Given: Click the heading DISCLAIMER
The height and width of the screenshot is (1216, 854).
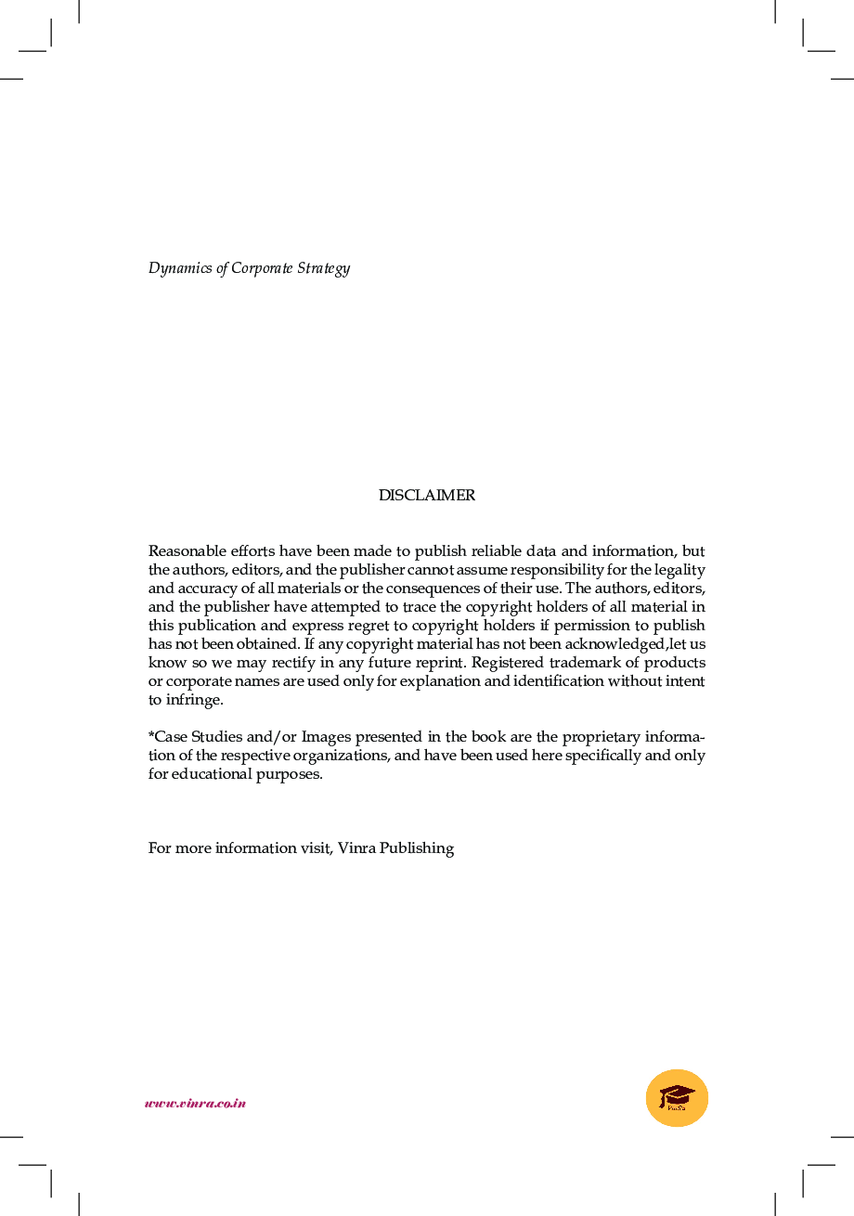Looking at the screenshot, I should (x=426, y=496).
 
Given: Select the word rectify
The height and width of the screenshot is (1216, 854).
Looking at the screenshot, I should (x=249, y=663).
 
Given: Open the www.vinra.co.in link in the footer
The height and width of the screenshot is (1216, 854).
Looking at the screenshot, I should (x=195, y=1104).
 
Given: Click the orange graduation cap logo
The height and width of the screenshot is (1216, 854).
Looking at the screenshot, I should (x=677, y=1098).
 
